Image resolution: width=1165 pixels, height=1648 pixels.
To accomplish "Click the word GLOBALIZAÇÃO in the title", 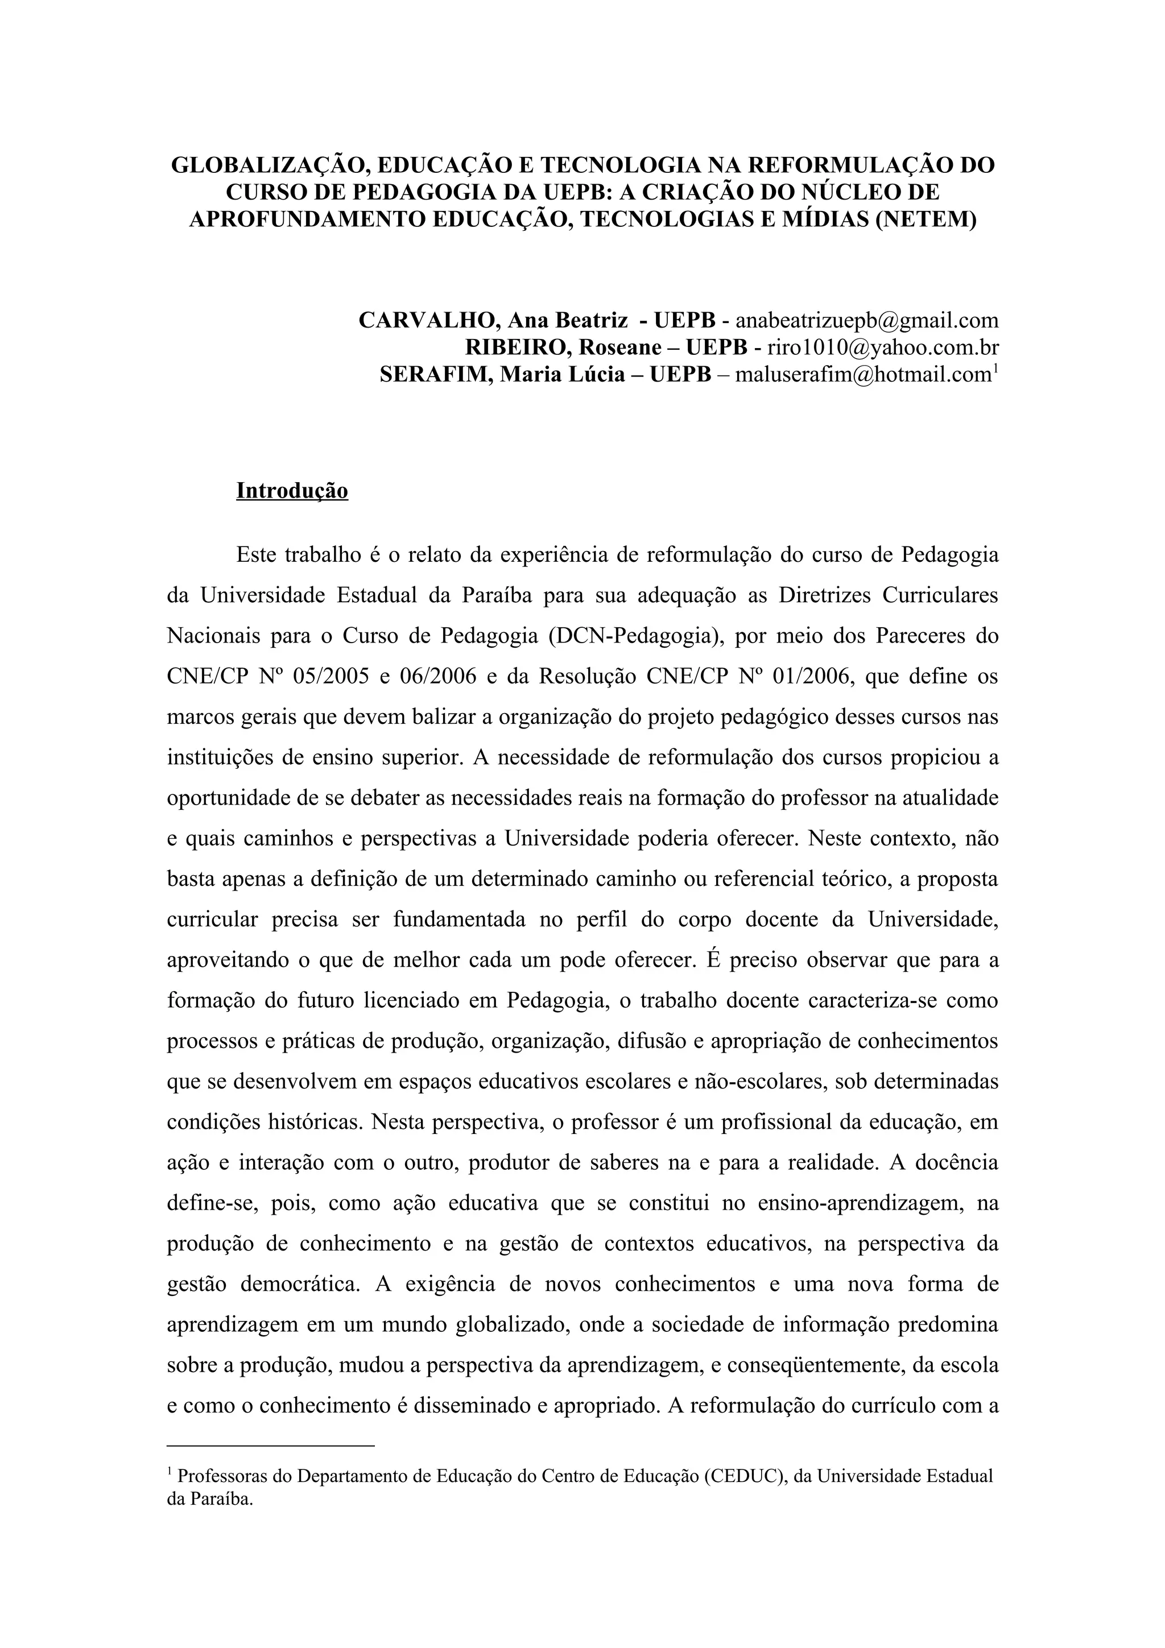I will [x=269, y=165].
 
